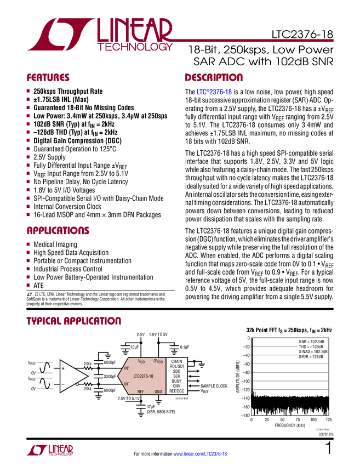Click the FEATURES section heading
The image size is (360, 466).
pyautogui.click(x=48, y=78)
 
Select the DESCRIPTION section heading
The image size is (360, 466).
pyautogui.click(x=214, y=78)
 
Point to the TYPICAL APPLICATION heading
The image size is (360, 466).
pyautogui.click(x=74, y=321)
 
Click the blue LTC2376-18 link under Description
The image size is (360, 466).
pyautogui.click(x=214, y=92)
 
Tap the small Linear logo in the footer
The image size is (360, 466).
pyautogui.click(x=49, y=450)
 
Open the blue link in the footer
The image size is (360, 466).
pyautogui.click(x=200, y=454)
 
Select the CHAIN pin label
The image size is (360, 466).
pyautogui.click(x=176, y=361)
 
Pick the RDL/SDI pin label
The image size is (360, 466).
pyautogui.click(x=176, y=366)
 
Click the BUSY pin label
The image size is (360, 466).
pyautogui.click(x=176, y=381)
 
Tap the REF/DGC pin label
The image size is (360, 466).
pyautogui.click(x=176, y=391)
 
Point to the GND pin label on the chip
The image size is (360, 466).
pyautogui.click(x=158, y=391)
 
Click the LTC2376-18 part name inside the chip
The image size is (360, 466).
pyautogui.click(x=143, y=376)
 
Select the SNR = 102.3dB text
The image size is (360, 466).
pyautogui.click(x=311, y=342)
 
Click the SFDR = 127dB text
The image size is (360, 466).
pyautogui.click(x=311, y=357)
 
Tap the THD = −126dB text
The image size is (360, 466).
pyautogui.click(x=311, y=346)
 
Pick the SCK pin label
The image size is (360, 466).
pyautogui.click(x=176, y=376)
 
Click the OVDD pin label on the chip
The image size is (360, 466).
pyautogui.click(x=158, y=361)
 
